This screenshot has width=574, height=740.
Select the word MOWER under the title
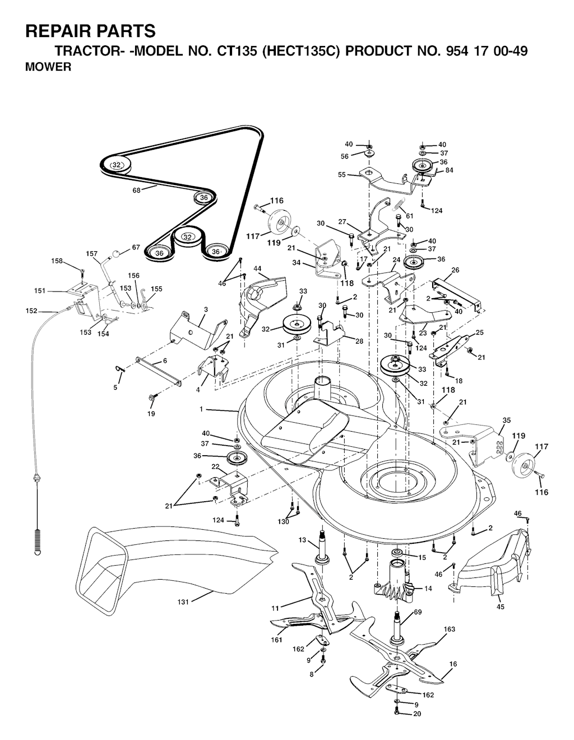pos(48,67)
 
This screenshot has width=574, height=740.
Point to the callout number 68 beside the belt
pos(137,190)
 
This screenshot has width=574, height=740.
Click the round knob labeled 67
pos(116,253)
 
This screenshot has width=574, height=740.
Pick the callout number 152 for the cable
pos(31,311)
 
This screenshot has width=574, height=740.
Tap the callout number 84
pos(449,170)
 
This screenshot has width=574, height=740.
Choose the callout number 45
pos(501,607)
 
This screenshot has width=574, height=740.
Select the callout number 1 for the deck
pos(201,409)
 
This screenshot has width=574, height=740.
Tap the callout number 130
pos(283,521)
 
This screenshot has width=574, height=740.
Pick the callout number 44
pos(257,269)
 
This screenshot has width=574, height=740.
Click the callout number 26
pos(455,270)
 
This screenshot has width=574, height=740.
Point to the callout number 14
pos(428,588)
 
